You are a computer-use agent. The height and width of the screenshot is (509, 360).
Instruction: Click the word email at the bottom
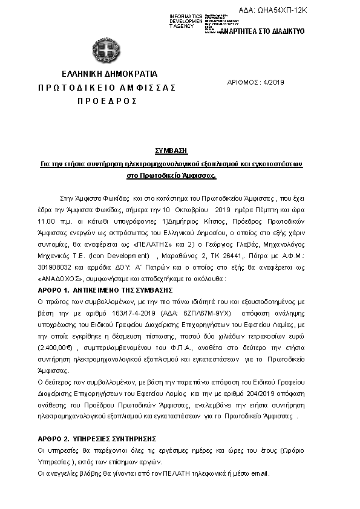(x=260, y=473)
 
